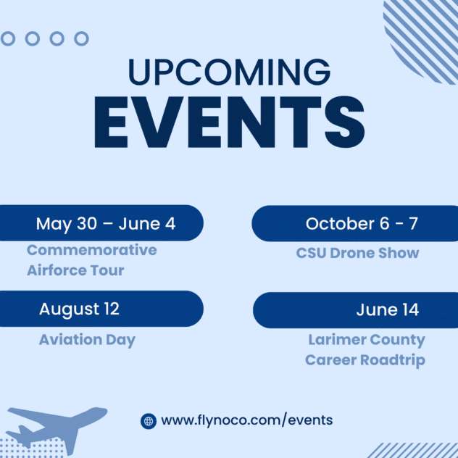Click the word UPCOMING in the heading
click(229, 72)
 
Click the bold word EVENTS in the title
click(229, 122)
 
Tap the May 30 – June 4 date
click(106, 224)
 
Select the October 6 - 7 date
click(362, 224)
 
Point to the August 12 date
click(80, 309)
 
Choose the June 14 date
click(388, 309)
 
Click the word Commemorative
click(92, 250)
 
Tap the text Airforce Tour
click(75, 270)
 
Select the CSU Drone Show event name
click(357, 253)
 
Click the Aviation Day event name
click(88, 340)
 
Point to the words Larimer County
click(367, 340)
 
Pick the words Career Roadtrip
click(365, 360)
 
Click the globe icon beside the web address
click(149, 421)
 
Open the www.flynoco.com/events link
click(247, 420)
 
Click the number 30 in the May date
click(87, 224)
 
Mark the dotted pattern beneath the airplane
click(32, 447)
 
